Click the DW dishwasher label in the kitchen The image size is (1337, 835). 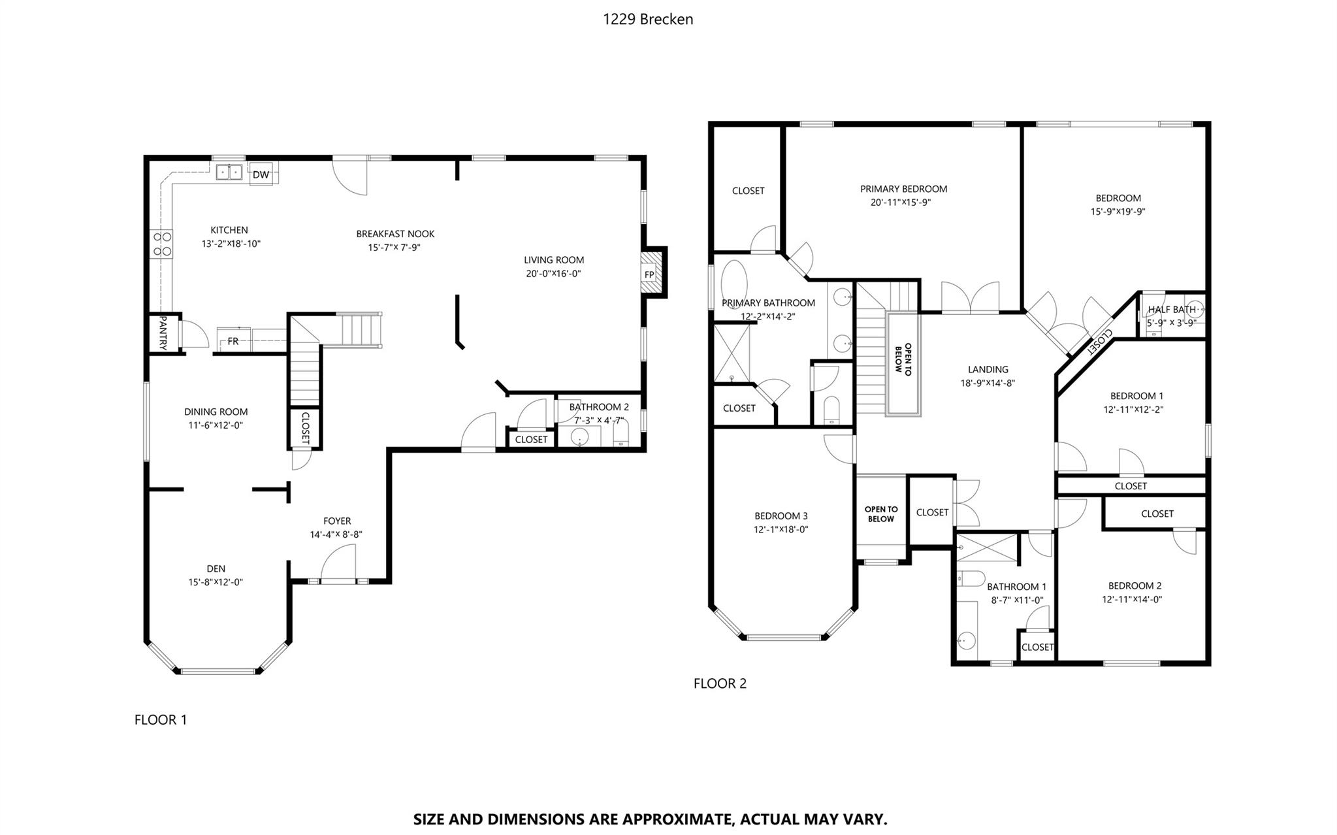tap(261, 174)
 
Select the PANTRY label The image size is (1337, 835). tap(163, 333)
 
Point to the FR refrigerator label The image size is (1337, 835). tap(233, 341)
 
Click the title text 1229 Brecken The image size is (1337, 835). tap(648, 20)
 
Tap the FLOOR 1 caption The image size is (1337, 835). tap(161, 720)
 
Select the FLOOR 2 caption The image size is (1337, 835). tap(720, 683)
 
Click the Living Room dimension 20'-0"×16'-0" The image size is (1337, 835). tap(553, 274)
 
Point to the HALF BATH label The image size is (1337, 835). tap(1172, 309)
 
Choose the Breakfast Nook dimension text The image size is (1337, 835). tap(394, 248)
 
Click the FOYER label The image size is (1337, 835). tap(337, 521)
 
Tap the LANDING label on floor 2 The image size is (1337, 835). tap(988, 370)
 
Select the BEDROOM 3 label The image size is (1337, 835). tap(781, 516)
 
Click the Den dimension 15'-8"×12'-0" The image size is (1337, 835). tap(216, 582)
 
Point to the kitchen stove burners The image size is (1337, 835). tap(163, 244)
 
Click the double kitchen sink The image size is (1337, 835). tap(229, 172)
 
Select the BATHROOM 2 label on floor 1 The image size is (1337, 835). tap(599, 407)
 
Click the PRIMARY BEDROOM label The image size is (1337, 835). tap(903, 189)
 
